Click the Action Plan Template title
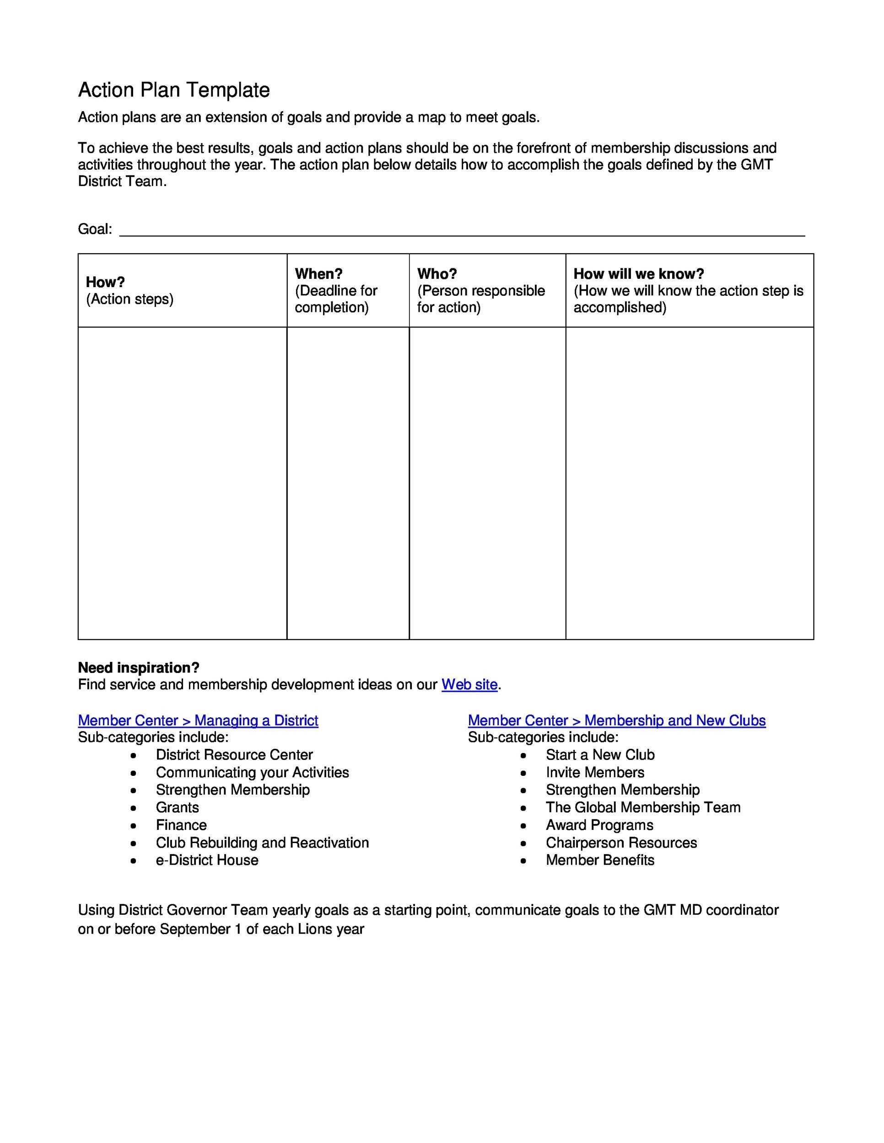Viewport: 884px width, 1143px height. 173,90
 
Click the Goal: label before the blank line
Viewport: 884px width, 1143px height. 95,229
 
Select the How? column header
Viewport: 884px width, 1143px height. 105,282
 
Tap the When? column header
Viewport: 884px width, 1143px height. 318,274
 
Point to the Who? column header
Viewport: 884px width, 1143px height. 437,274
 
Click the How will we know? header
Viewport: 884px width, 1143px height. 638,274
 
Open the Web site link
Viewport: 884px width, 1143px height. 469,684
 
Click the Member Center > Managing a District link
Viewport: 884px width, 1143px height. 198,721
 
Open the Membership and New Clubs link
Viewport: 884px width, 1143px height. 616,721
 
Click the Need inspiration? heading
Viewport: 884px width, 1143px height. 139,668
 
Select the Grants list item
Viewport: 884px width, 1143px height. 177,807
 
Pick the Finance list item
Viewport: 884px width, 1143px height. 181,825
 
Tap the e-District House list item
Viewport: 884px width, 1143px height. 207,860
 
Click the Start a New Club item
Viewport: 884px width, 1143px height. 600,755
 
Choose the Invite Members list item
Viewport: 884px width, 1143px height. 594,773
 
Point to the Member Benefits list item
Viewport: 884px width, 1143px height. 600,860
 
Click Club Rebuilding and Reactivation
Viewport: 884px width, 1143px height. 262,843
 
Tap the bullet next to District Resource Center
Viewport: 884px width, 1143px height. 134,755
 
